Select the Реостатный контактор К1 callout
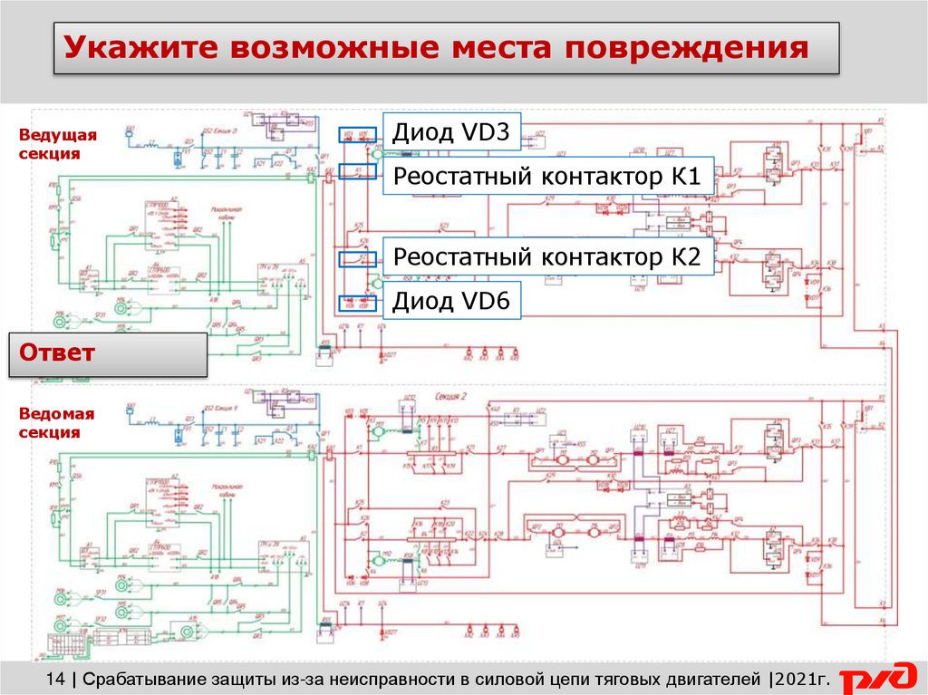click(547, 177)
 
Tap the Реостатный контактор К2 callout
click(547, 256)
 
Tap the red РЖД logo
click(877, 677)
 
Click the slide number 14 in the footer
click(54, 678)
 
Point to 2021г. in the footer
click(801, 678)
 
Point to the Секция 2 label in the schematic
click(449, 397)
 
